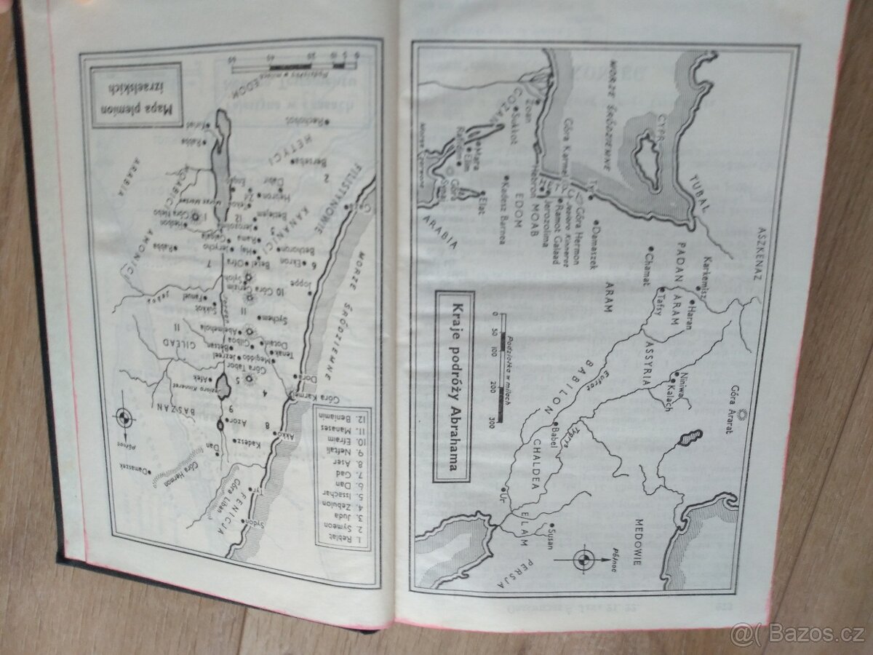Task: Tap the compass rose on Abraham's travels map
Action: point(583,559)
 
